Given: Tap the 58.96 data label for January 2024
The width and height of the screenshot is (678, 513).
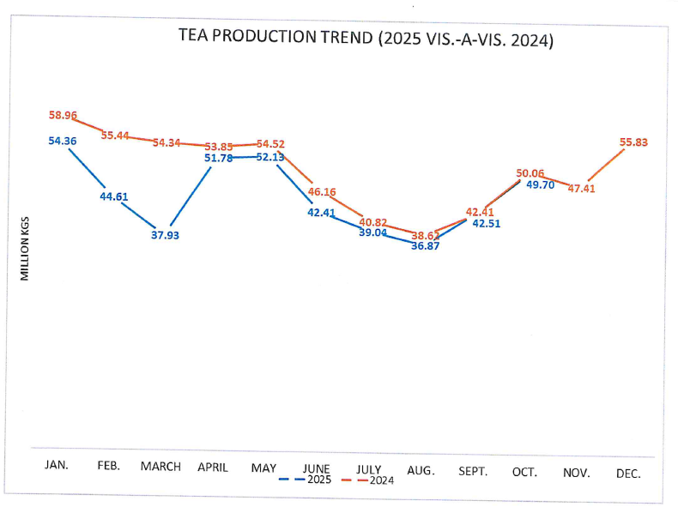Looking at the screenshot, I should [x=64, y=114].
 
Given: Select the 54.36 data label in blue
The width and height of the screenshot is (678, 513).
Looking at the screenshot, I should [x=64, y=141].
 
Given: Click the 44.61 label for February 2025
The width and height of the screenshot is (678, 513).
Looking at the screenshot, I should [x=114, y=196].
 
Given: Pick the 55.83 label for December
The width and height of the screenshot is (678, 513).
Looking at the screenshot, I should [x=633, y=142].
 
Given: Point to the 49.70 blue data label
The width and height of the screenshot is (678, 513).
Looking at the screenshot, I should [x=541, y=184].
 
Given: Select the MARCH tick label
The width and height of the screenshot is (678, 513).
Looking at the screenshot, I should [x=160, y=467].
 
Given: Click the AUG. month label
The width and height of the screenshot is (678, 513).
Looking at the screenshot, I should [x=421, y=471].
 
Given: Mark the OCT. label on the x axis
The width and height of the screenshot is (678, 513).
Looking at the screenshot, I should [x=524, y=471].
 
